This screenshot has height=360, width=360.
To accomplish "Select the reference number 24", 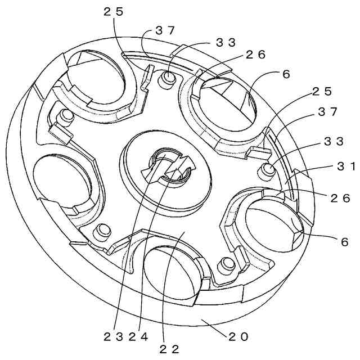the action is click(x=139, y=336).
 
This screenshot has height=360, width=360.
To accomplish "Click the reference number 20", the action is click(x=238, y=336).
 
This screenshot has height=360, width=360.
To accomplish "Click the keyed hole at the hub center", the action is click(x=169, y=168).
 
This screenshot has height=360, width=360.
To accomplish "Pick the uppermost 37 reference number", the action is click(x=165, y=31).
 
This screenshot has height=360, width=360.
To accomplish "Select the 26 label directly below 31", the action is click(x=340, y=198).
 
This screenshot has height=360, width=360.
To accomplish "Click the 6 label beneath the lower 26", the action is click(x=344, y=242).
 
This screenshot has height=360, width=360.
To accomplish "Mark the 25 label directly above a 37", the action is click(x=323, y=91).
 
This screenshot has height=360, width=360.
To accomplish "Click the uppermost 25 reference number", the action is click(x=114, y=11).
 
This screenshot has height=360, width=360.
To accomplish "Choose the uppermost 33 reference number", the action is click(x=226, y=42).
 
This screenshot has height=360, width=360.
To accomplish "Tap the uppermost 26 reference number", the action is click(x=255, y=55).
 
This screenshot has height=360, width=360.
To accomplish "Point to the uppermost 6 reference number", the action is click(x=286, y=74).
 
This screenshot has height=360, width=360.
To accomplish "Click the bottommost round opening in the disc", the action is click(x=172, y=273).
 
